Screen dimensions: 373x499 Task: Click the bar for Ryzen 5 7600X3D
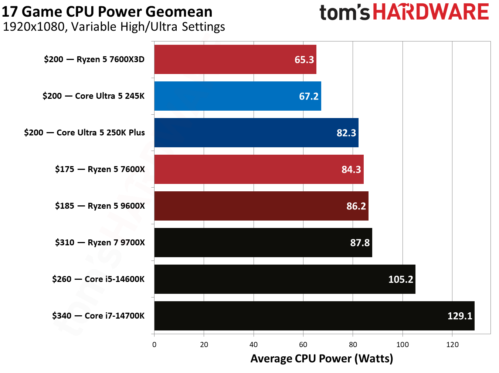(x=235, y=60)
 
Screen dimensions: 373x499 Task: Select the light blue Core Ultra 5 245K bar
(x=237, y=96)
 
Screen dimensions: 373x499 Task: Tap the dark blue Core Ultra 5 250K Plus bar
(x=256, y=133)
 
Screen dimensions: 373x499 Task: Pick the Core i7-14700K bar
(x=314, y=316)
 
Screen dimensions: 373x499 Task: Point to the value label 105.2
(x=401, y=279)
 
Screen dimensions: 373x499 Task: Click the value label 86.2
(x=356, y=206)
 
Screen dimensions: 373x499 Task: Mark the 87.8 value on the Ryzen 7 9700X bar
(x=360, y=243)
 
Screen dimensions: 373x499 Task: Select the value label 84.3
(x=351, y=169)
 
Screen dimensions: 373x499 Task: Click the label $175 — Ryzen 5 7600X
(x=100, y=169)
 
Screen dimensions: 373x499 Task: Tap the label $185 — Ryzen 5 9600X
(x=100, y=206)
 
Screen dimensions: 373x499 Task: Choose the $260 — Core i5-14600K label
(x=98, y=279)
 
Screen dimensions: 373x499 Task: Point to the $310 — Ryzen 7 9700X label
(x=100, y=243)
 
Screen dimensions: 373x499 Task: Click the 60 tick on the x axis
(x=303, y=345)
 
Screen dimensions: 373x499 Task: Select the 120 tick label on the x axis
(x=452, y=345)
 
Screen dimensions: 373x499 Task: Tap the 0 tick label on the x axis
(x=154, y=345)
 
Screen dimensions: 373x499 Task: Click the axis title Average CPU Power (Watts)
(x=322, y=359)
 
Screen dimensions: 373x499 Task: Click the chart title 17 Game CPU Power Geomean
(x=107, y=12)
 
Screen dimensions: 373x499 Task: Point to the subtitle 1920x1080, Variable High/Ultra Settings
(x=114, y=27)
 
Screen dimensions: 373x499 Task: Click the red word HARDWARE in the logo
(x=431, y=12)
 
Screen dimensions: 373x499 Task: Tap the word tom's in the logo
(x=344, y=13)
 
